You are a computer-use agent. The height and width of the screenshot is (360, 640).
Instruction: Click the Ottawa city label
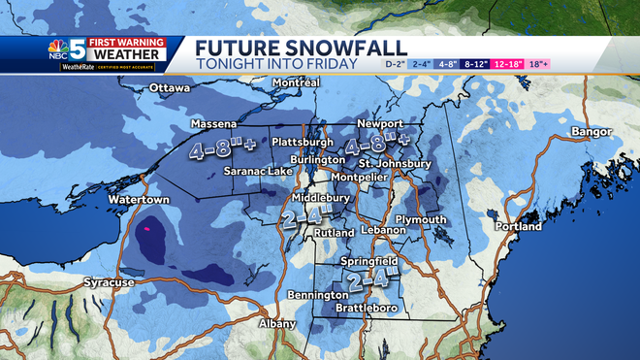click(170, 89)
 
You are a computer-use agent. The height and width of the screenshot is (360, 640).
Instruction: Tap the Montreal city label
click(295, 83)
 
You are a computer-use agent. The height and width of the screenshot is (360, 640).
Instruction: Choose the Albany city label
click(276, 323)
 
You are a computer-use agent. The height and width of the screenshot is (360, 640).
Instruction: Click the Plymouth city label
click(422, 219)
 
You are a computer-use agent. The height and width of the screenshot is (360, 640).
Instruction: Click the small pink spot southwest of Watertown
click(147, 229)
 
